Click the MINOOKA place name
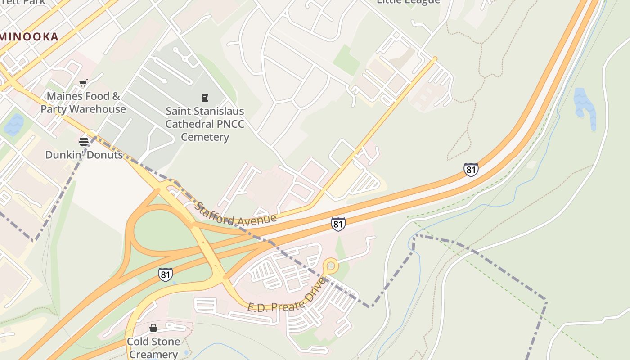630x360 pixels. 31,37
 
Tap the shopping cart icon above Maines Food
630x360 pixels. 83,83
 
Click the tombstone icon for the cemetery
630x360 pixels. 205,97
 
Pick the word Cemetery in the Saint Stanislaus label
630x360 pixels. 205,137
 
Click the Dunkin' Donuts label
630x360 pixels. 84,155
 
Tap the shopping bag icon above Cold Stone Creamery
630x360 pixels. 153,328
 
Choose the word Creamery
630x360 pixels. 153,354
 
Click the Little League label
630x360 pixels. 408,1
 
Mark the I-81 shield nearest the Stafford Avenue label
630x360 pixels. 338,224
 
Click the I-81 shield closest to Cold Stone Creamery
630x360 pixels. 165,274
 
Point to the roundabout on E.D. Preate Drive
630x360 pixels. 331,265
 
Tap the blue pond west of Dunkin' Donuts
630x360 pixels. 14,125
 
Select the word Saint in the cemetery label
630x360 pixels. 179,111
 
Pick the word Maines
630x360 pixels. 65,96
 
